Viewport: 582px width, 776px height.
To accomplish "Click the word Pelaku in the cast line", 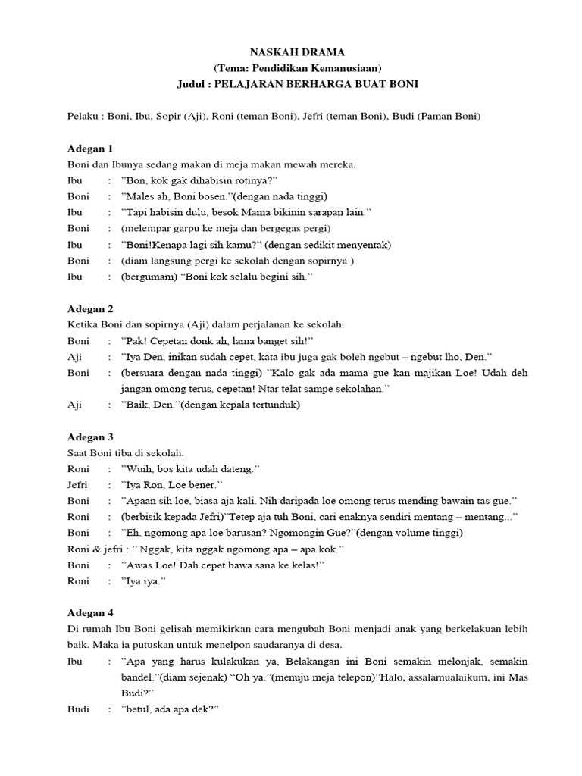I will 82,116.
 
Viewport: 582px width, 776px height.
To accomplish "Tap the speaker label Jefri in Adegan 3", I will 78,484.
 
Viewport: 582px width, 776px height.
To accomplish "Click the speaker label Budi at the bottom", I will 78,709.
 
